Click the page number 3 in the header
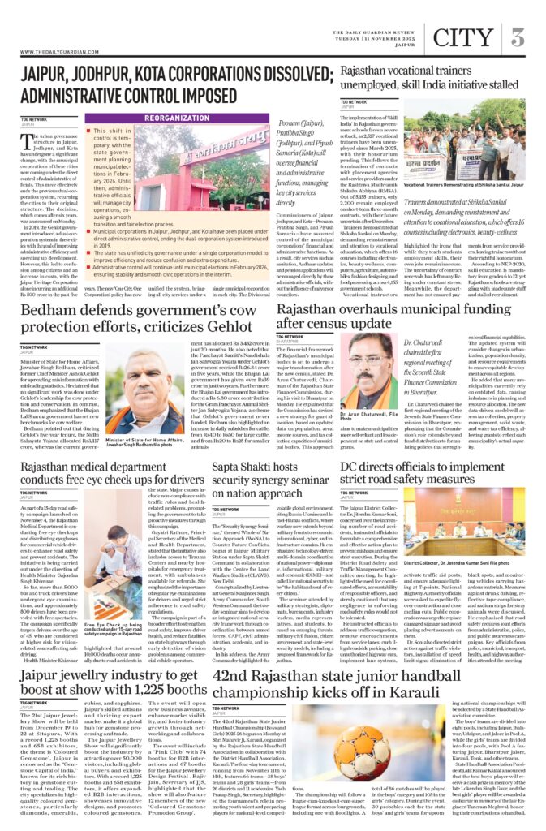tap(517, 37)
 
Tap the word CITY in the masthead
tap(463, 37)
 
